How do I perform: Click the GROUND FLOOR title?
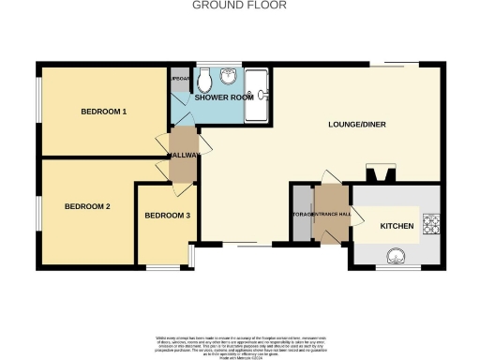(239, 5)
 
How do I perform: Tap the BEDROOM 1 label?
(103, 112)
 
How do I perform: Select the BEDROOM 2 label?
(87, 205)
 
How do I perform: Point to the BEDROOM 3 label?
(167, 216)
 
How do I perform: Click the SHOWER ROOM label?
(218, 97)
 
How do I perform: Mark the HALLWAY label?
(183, 156)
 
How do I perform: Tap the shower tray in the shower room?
(256, 96)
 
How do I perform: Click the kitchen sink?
(397, 254)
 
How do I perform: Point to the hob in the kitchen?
(431, 223)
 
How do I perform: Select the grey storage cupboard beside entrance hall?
(301, 215)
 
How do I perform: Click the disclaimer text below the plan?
(239, 343)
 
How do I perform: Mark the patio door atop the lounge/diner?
(392, 66)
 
